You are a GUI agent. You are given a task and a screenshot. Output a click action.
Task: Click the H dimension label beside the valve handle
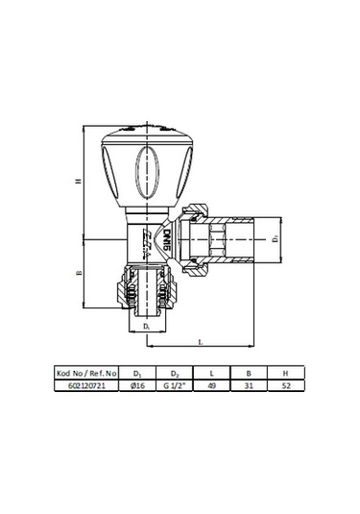pos(77,180)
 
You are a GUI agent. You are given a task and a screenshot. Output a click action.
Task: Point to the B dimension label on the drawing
pos(77,273)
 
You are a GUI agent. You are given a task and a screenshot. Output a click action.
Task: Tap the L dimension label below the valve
pos(199,341)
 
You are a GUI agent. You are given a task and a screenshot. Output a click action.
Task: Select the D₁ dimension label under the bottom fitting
pos(146,328)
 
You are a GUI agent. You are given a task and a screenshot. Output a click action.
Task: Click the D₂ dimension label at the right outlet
pos(274,236)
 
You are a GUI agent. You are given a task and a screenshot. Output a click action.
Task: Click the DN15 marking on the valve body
pos(164,236)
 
